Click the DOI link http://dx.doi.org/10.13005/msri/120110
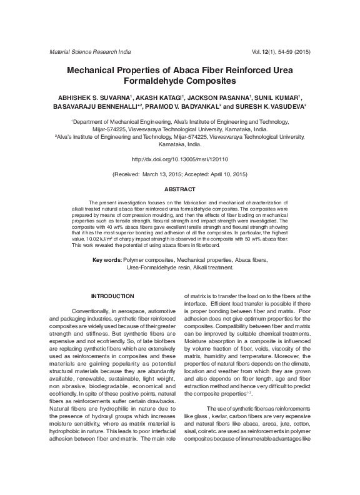(180, 160)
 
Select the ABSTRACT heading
(180, 189)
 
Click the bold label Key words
(106, 259)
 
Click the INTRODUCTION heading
(112, 296)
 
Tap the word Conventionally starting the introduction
(94, 311)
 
